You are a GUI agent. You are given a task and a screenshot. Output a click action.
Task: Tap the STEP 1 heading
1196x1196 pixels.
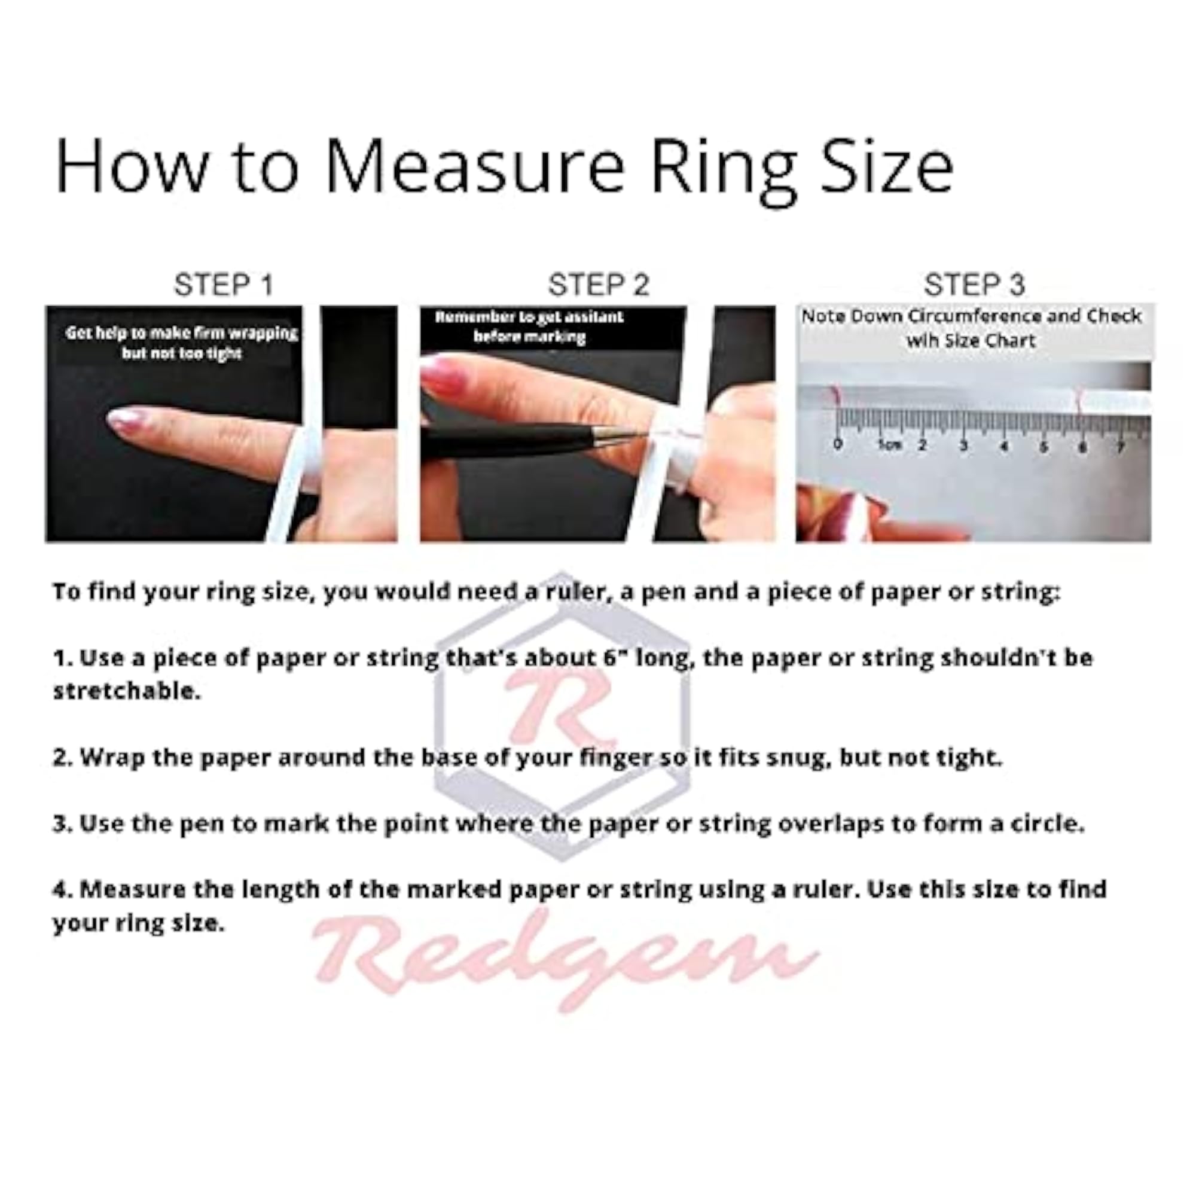click(x=224, y=285)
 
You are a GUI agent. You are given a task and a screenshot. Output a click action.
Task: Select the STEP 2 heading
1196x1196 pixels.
click(x=599, y=285)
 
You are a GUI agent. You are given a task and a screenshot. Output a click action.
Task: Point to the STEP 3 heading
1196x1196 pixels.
click(x=974, y=285)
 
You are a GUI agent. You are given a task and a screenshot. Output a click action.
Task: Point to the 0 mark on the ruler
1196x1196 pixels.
click(x=838, y=443)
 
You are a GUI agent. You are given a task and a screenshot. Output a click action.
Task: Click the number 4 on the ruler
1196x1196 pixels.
click(x=1004, y=445)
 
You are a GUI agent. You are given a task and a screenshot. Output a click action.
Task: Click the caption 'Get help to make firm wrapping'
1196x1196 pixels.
click(x=182, y=333)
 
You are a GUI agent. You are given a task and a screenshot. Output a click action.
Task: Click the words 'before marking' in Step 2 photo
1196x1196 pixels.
click(x=529, y=337)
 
